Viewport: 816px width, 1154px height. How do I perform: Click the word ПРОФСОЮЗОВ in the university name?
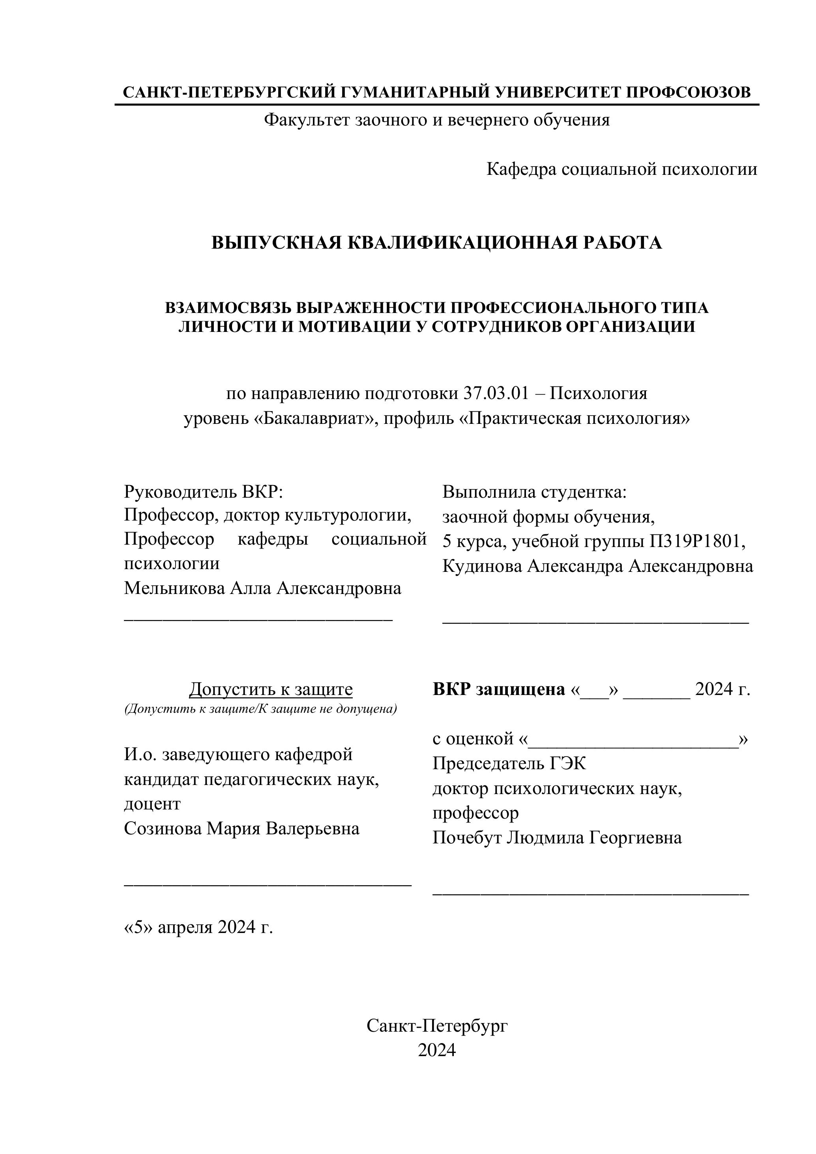pyautogui.click(x=689, y=92)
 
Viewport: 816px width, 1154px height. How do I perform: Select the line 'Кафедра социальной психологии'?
pyautogui.click(x=621, y=169)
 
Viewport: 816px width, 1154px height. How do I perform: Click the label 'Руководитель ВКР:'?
pyautogui.click(x=204, y=492)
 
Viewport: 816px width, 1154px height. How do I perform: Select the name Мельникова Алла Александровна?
pyautogui.click(x=262, y=588)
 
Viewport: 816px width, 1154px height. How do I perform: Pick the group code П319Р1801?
pyautogui.click(x=696, y=541)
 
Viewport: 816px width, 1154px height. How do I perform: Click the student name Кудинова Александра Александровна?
pyautogui.click(x=597, y=566)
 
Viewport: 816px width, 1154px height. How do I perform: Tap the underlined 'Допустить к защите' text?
pyautogui.click(x=271, y=689)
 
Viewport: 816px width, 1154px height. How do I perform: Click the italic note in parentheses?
pyautogui.click(x=260, y=709)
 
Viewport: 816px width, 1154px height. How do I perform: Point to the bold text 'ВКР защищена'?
pyautogui.click(x=499, y=689)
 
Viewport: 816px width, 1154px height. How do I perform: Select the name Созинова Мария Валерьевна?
pyautogui.click(x=242, y=828)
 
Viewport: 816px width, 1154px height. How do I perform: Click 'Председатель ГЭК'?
pyautogui.click(x=509, y=763)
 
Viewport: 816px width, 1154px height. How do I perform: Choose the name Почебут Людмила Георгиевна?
pyautogui.click(x=557, y=838)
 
